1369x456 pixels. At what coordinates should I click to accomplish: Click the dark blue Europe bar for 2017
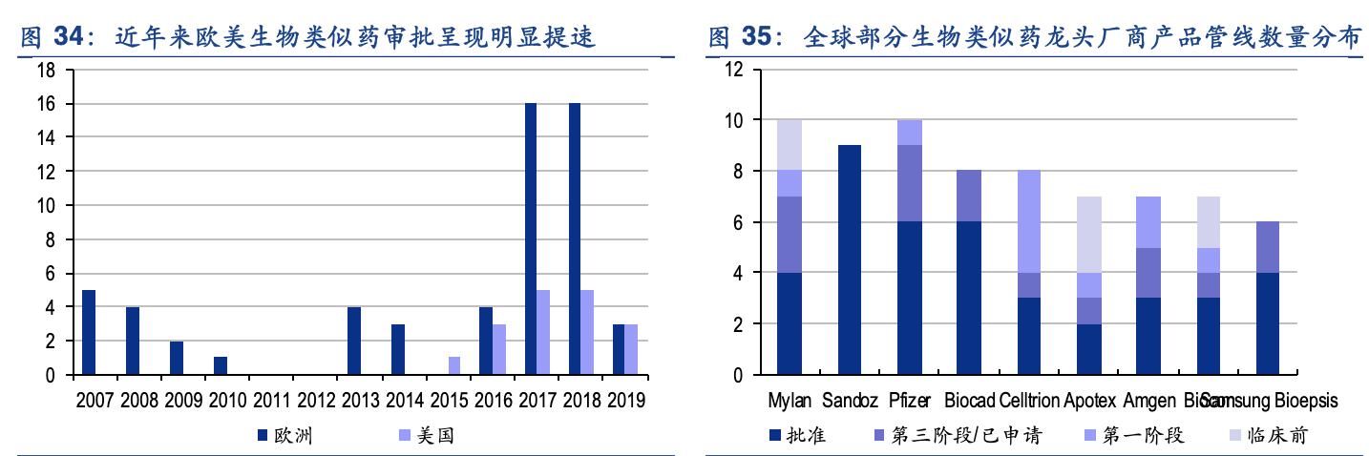click(531, 238)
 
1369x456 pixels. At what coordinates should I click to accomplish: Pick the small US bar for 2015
click(454, 366)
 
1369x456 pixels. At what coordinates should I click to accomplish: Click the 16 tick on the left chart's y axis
click(47, 103)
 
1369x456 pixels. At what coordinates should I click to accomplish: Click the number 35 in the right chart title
click(755, 38)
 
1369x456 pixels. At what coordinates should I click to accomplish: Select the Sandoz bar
click(849, 259)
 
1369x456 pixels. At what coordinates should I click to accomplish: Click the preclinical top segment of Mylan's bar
click(789, 145)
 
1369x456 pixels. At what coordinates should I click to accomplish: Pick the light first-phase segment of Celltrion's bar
click(1029, 221)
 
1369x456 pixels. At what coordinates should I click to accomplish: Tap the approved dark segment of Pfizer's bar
click(909, 298)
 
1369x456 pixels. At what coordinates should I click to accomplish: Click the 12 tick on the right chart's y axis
click(734, 69)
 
